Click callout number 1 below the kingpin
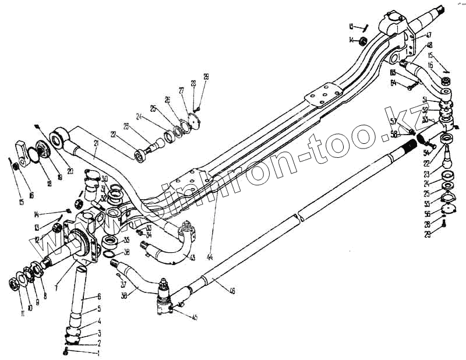(99, 353)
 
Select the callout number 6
(99, 297)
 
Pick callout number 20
(70, 171)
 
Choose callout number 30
(104, 178)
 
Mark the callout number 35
(126, 239)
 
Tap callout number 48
(429, 45)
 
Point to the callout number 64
(393, 83)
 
